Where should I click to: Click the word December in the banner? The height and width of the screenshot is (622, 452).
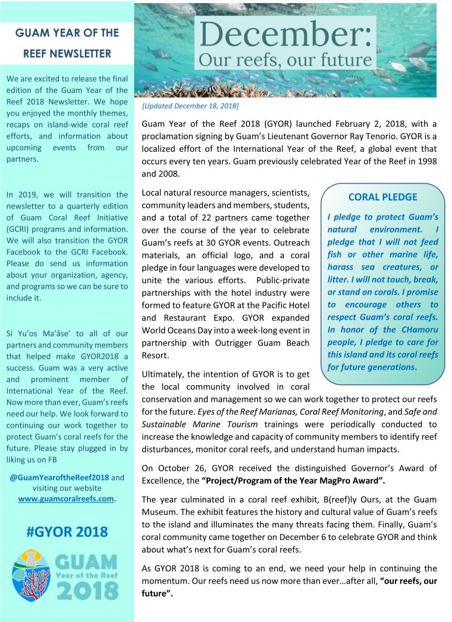[285, 36]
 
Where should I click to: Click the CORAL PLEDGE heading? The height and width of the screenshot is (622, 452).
[382, 197]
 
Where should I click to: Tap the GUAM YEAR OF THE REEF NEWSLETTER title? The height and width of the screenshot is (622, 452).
[67, 43]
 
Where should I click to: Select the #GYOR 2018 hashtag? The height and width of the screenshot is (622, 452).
[67, 532]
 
